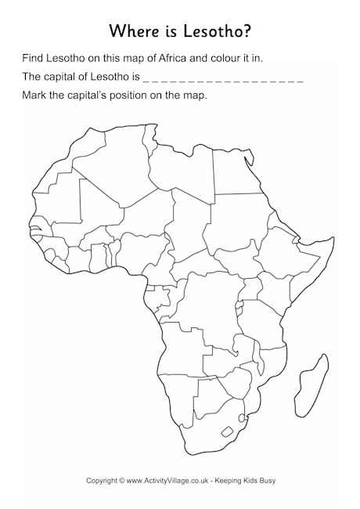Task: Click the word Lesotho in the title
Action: (x=212, y=31)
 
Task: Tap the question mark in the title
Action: (x=250, y=31)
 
